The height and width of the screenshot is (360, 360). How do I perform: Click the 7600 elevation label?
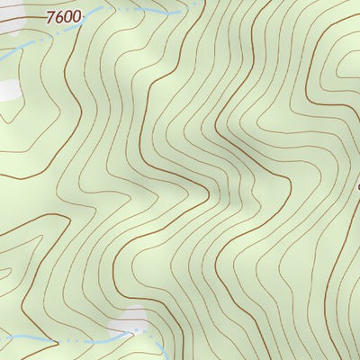pyautogui.click(x=64, y=16)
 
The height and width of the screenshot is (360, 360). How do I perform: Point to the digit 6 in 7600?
pyautogui.click(x=59, y=16)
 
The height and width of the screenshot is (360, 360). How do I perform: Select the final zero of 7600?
pyautogui.click(x=76, y=16)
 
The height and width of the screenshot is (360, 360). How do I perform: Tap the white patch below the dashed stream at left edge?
pyautogui.click(x=9, y=90)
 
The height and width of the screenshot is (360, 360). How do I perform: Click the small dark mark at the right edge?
pyautogui.click(x=357, y=187)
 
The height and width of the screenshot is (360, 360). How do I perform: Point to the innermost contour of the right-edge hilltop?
pyautogui.click(x=346, y=72)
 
